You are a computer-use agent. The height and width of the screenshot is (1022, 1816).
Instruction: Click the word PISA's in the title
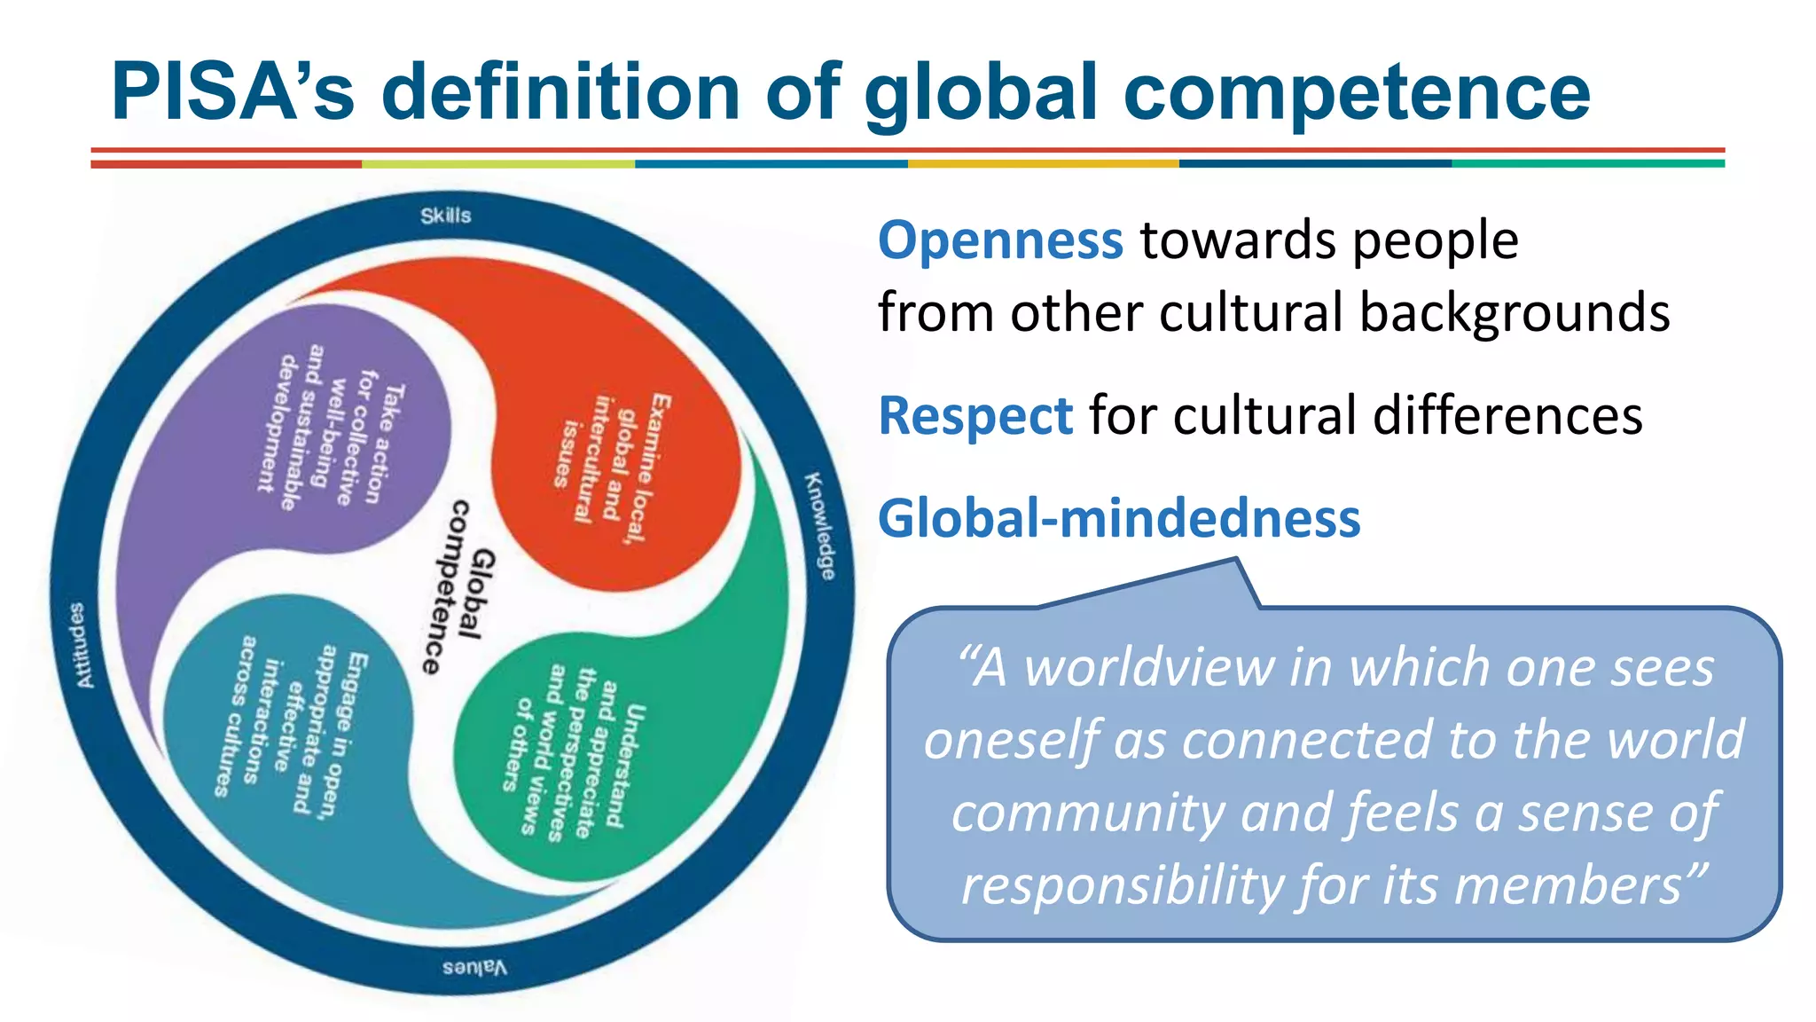232,92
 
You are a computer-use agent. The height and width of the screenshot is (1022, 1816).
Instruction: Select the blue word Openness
1000,240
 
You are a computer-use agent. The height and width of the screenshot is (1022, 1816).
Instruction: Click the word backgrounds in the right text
1515,313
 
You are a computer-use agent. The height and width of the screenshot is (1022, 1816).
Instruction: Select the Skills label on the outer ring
446,216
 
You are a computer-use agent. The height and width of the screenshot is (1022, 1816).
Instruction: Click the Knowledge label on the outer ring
820,527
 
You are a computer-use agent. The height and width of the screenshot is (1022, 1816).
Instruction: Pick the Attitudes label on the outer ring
80,645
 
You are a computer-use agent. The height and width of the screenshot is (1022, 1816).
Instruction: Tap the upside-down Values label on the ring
475,967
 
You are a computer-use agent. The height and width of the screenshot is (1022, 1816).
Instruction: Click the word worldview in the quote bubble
1149,668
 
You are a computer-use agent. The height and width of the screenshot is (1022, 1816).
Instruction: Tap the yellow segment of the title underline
1043,164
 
